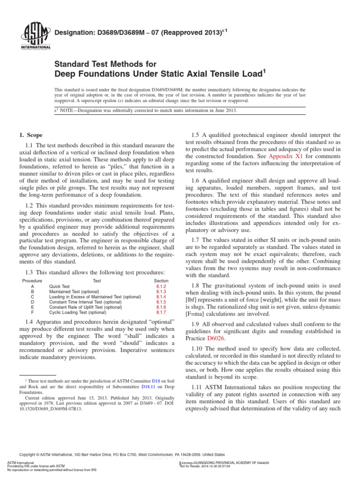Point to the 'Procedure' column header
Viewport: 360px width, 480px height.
click(x=32, y=280)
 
